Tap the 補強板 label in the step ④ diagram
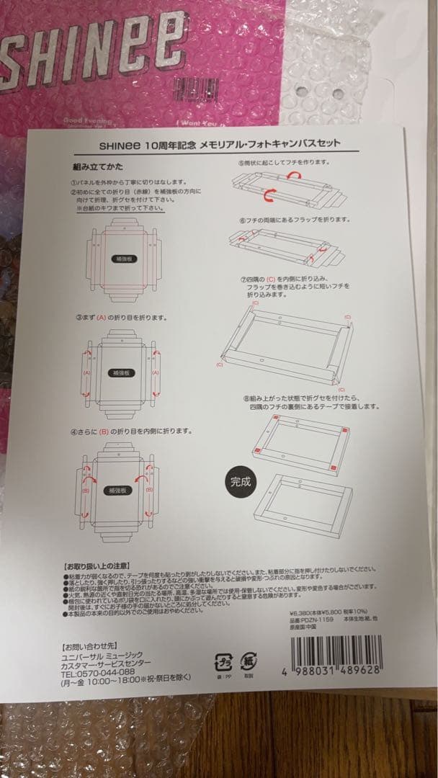pos(117,489)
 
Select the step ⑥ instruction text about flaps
pos(295,219)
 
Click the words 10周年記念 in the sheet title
pos(169,144)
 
